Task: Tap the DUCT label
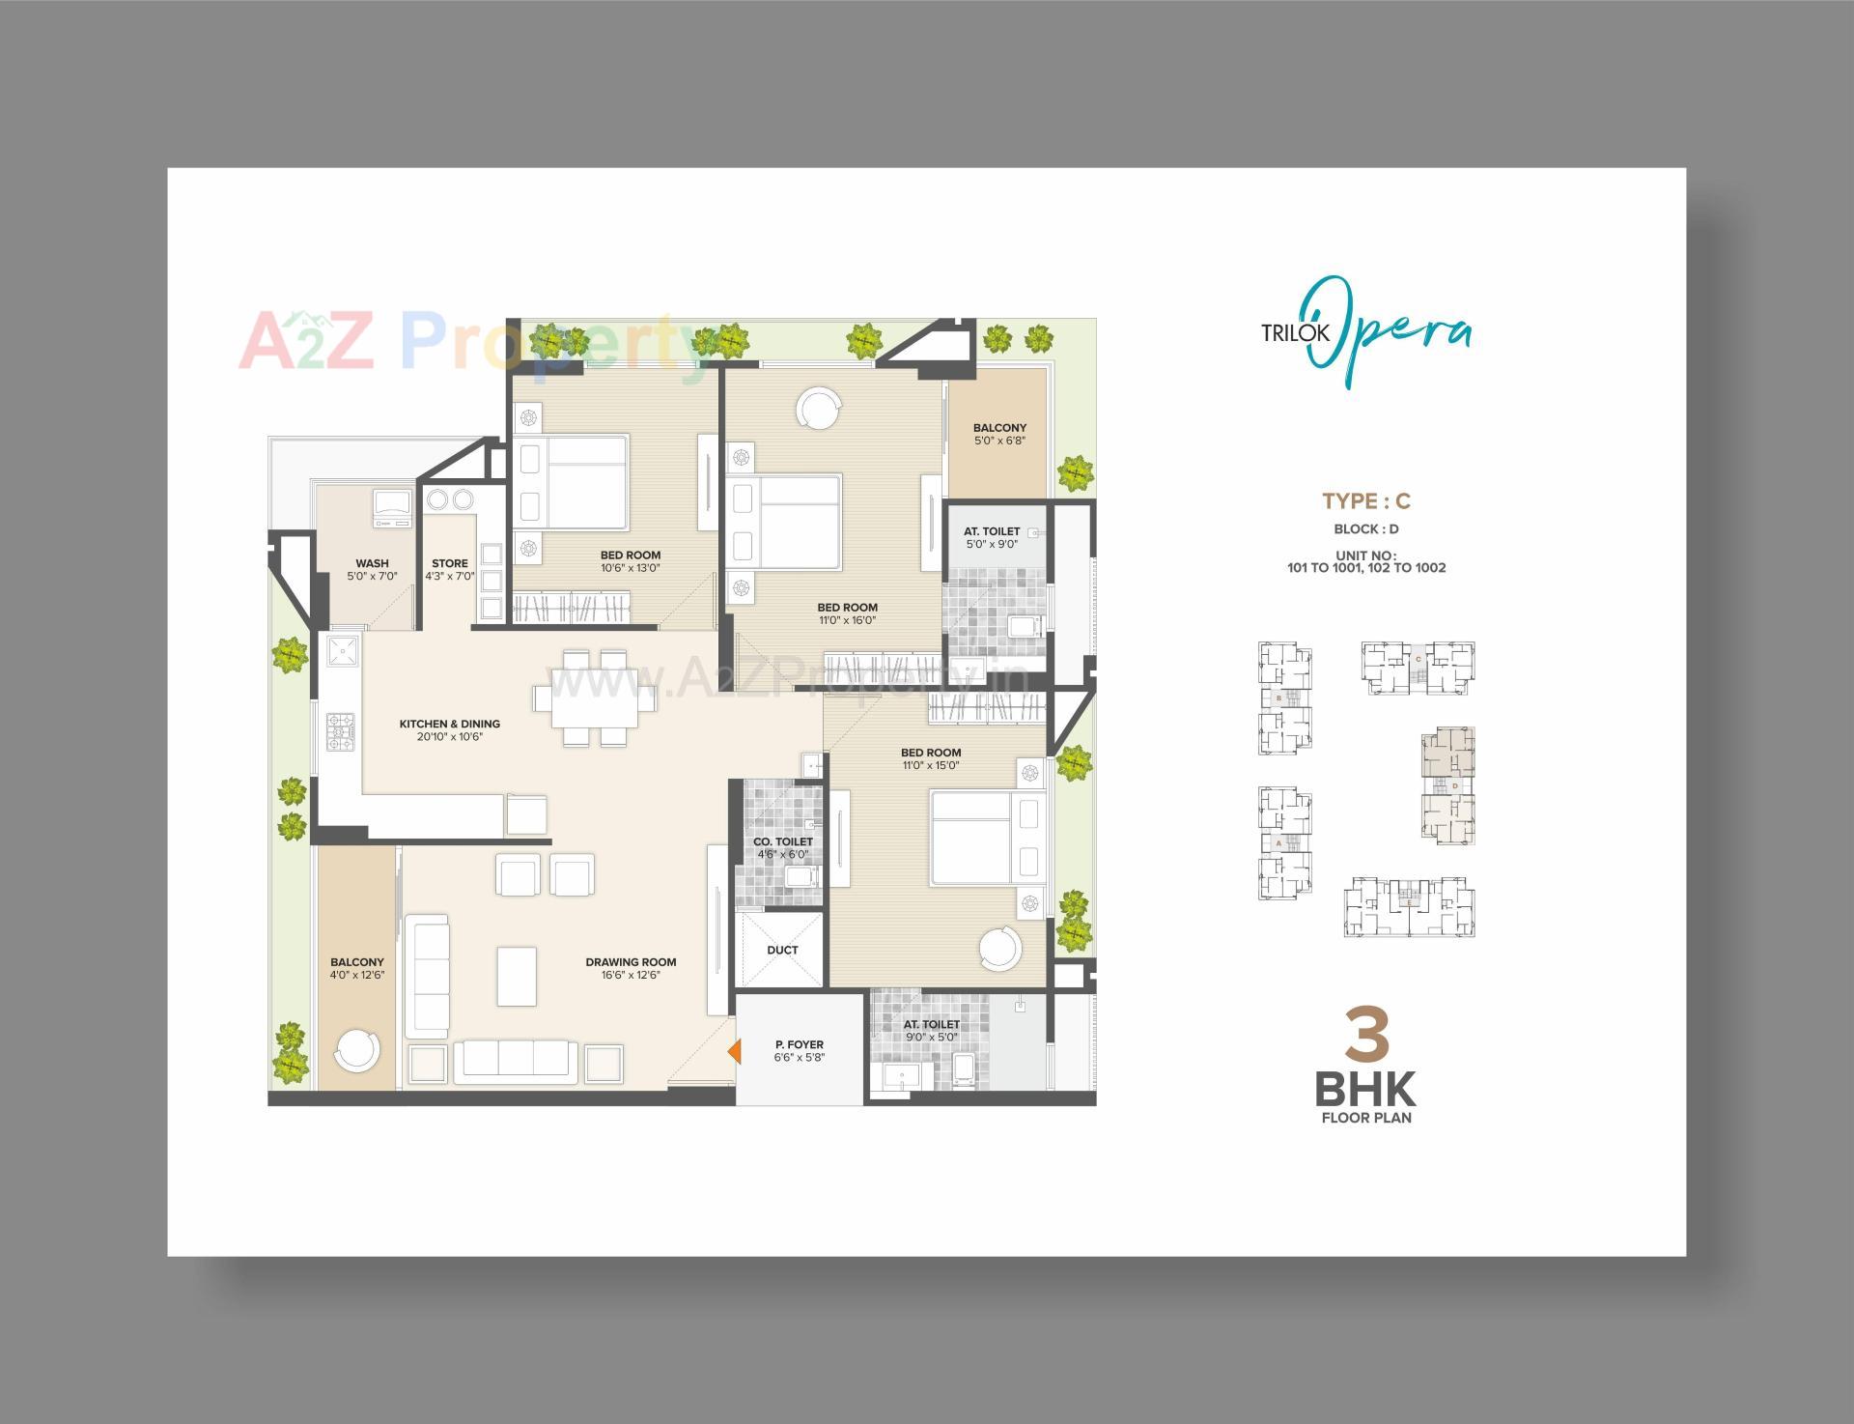point(782,950)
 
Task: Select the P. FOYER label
point(800,1044)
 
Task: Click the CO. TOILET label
point(783,841)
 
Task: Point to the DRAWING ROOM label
point(631,962)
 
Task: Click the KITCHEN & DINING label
point(450,724)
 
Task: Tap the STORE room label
point(450,563)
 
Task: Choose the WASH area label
point(372,563)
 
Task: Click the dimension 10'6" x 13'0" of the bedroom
point(630,568)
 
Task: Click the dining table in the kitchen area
point(595,698)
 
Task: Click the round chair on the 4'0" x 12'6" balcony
point(356,1051)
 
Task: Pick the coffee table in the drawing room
point(517,977)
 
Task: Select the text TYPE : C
point(1365,500)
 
